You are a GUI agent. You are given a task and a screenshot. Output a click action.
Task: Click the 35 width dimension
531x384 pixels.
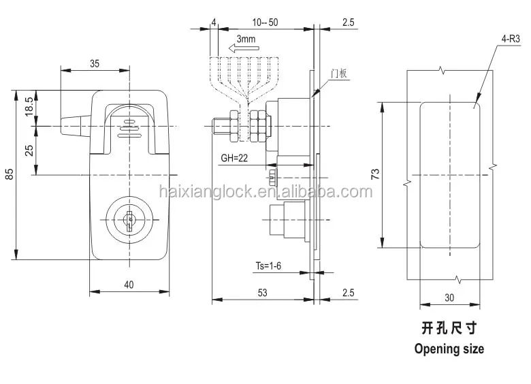click(94, 63)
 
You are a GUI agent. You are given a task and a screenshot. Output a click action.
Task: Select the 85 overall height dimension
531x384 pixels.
click(9, 174)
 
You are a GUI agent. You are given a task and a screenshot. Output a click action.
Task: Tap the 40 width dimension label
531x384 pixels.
click(129, 285)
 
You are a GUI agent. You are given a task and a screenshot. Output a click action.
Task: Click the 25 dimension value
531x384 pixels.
click(29, 150)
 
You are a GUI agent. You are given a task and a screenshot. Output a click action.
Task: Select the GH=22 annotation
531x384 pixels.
click(234, 159)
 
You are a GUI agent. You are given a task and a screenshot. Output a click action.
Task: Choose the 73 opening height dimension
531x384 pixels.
click(374, 174)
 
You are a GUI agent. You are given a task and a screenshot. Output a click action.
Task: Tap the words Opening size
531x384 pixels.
click(449, 349)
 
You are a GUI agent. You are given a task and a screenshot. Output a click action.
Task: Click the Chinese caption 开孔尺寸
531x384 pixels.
click(449, 328)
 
